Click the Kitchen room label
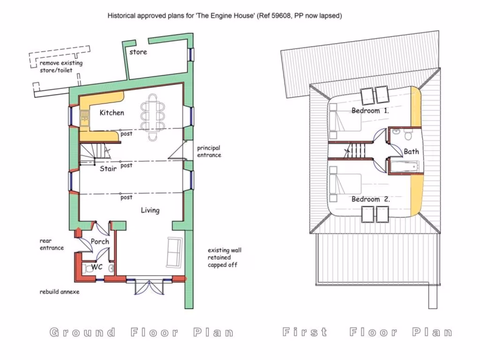point(112,112)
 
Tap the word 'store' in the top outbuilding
point(138,52)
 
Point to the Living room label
point(150,210)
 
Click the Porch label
point(100,242)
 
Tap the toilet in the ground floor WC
point(89,269)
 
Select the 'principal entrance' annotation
point(209,151)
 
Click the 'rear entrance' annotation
point(51,244)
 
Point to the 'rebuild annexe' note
point(60,292)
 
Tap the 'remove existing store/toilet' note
point(60,67)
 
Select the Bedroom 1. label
point(370,111)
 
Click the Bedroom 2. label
point(370,199)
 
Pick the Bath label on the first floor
point(411,151)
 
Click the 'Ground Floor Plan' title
point(142,333)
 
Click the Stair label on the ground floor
point(108,169)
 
